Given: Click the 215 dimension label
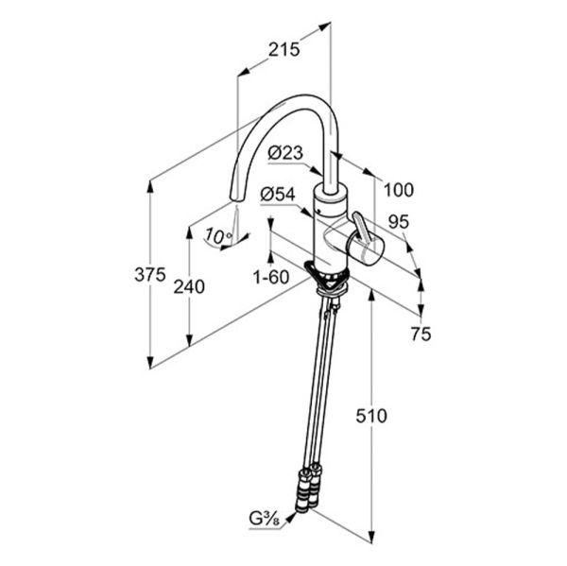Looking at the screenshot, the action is (x=283, y=49).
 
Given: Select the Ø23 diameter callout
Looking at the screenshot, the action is (x=285, y=153).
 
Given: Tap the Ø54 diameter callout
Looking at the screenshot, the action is (x=278, y=195).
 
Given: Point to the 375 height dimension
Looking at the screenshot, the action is (x=150, y=275).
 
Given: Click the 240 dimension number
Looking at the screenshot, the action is (x=189, y=287).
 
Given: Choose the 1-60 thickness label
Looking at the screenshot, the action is (x=271, y=278).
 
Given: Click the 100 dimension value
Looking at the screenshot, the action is (x=399, y=190).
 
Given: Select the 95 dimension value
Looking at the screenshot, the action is (x=399, y=222).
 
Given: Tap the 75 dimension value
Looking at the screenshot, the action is (x=421, y=334).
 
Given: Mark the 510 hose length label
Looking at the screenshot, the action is (x=371, y=416).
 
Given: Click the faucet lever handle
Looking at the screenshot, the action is (x=362, y=227).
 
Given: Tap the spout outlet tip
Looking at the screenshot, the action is (x=237, y=198).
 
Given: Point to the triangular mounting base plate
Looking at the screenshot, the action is (x=326, y=277).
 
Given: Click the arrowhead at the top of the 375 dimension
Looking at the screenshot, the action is (x=150, y=185).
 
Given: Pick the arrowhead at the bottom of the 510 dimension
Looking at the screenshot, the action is (x=371, y=537).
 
